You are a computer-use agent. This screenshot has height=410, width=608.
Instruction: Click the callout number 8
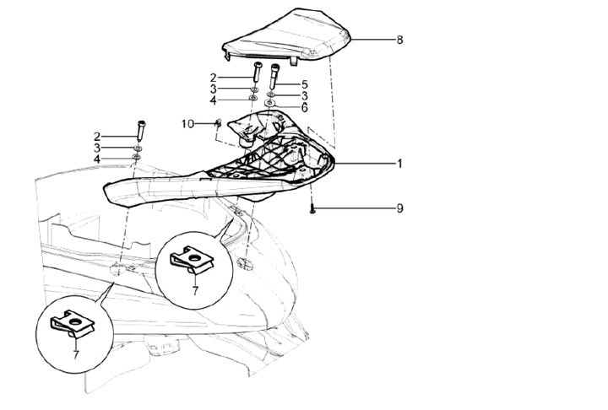pos(399,39)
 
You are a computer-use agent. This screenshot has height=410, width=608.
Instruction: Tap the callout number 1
pos(399,164)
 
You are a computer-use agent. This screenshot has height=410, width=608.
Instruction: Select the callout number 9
pos(399,208)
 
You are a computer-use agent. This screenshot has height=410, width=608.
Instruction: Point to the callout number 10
pos(187,124)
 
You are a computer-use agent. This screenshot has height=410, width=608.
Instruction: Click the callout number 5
pos(305,85)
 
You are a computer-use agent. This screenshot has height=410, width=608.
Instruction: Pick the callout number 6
pos(305,107)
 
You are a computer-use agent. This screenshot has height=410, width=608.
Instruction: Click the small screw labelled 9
pos(312,208)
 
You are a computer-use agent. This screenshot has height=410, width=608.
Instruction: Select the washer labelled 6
pos(270,103)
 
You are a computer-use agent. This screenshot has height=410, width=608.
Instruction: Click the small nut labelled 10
pos(218,124)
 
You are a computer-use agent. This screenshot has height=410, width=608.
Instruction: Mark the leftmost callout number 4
pos(97,159)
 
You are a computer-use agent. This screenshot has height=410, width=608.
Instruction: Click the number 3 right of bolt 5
pos(305,96)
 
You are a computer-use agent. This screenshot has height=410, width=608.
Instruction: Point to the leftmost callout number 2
pos(97,136)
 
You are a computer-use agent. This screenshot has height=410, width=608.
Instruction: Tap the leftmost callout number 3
pos(97,148)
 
